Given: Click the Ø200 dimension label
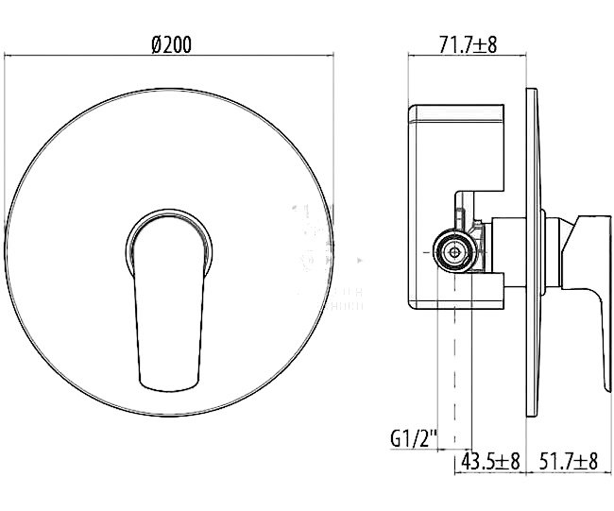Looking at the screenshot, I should (x=172, y=44).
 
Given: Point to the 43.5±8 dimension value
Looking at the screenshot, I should (x=489, y=461).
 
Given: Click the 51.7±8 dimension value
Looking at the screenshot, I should (x=567, y=461).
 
